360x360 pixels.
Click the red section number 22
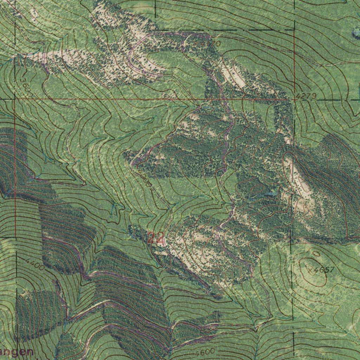coord(155,238)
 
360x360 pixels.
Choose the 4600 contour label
coord(204,352)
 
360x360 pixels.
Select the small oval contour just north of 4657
coord(316,253)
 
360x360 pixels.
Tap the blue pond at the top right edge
coord(356,34)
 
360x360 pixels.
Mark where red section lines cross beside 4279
coord(294,99)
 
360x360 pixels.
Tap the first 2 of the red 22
coord(151,238)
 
